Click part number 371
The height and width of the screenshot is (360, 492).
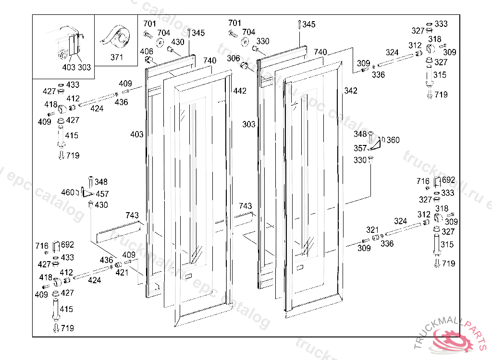tap(117, 57)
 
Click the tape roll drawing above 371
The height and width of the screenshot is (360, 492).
tap(116, 37)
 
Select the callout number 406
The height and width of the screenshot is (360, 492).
tap(147, 52)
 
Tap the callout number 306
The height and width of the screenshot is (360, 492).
tap(234, 58)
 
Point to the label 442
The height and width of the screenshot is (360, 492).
tap(240, 91)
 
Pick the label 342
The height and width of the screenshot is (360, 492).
tap(351, 91)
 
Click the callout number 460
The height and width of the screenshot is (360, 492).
tap(68, 192)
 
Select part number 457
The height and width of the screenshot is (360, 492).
tap(102, 194)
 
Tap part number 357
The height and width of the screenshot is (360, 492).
tap(360, 148)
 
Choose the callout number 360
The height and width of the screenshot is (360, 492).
tap(393, 140)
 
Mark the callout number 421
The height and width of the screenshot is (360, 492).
tap(122, 272)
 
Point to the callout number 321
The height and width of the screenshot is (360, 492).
tap(373, 230)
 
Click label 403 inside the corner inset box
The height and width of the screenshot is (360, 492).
tap(69, 67)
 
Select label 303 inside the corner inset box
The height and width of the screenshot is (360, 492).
tap(84, 67)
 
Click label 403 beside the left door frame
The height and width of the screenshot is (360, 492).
tap(137, 134)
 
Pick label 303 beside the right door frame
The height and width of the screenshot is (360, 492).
tap(249, 124)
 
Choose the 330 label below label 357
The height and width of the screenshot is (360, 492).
tap(360, 160)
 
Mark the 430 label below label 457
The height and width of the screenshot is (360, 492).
tap(101, 205)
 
